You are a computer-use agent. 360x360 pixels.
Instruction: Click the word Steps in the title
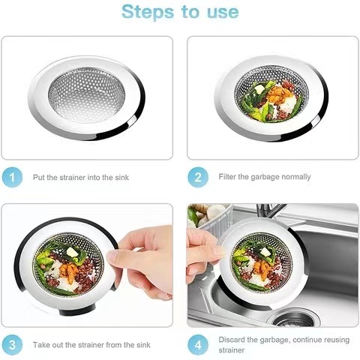pyautogui.click(x=148, y=13)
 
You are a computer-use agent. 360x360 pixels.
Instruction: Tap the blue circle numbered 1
pyautogui.click(x=12, y=177)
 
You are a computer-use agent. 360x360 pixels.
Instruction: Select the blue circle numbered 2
pyautogui.click(x=198, y=177)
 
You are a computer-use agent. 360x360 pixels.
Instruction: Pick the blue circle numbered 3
pyautogui.click(x=12, y=345)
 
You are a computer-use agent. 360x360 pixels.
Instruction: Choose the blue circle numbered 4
pyautogui.click(x=198, y=345)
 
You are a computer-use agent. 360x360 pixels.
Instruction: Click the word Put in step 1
pyautogui.click(x=39, y=178)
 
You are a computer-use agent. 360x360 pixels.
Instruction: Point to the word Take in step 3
pyautogui.click(x=40, y=345)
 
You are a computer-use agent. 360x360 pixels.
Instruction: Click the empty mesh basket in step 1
pyautogui.click(x=87, y=95)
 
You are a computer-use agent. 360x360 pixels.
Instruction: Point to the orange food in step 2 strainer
pyautogui.click(x=279, y=94)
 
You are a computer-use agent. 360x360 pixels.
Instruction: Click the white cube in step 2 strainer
pyautogui.click(x=259, y=88)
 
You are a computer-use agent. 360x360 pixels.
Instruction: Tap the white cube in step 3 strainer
pyautogui.click(x=72, y=252)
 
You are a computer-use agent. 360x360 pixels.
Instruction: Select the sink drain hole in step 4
pyautogui.click(x=295, y=319)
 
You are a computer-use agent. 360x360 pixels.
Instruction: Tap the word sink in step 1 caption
pyautogui.click(x=121, y=178)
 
